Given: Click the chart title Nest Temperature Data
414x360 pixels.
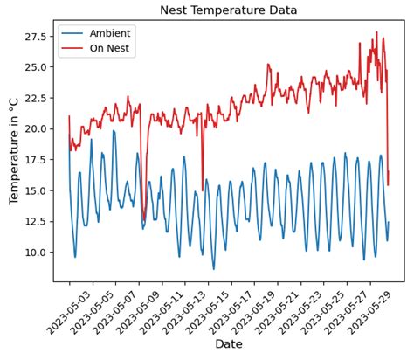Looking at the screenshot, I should (229, 10).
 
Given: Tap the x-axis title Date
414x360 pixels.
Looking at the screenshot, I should (229, 344).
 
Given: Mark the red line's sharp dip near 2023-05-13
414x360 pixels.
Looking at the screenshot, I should (203, 190).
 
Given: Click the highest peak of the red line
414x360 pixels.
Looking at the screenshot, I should (377, 33).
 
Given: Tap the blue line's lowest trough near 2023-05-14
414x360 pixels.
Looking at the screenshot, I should (213, 268).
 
